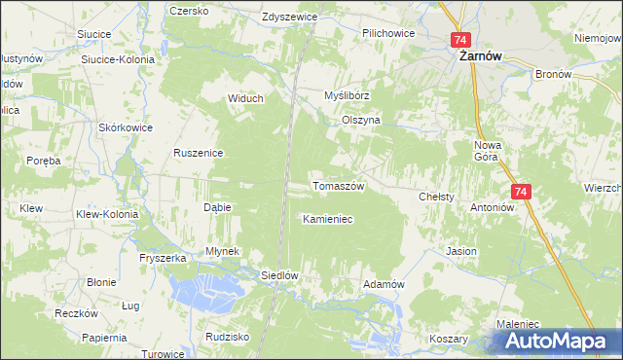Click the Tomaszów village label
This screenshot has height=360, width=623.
tap(338, 185)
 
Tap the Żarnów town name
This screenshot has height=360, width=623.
tap(480, 57)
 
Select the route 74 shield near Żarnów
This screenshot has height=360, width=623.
tap(460, 40)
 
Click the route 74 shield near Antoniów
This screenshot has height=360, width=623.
tap(521, 193)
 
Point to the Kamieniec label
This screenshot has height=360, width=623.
tap(327, 220)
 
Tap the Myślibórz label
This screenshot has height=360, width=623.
tap(348, 96)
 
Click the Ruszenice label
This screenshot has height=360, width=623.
tap(199, 153)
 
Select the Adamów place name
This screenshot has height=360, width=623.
tap(383, 283)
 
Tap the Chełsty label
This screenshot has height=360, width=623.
tap(436, 197)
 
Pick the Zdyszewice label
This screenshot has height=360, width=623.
tap(292, 18)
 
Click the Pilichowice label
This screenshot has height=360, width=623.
tap(388, 33)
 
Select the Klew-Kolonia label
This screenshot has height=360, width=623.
tap(107, 214)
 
